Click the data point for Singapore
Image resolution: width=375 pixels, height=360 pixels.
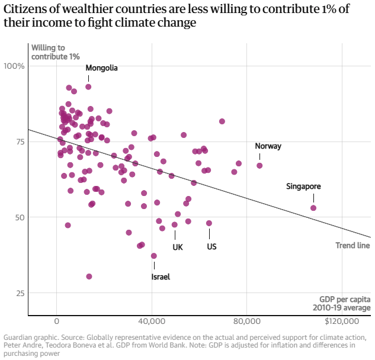point(313,208)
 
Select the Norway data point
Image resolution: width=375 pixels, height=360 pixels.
point(259,166)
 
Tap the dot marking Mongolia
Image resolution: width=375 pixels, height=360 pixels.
point(88,86)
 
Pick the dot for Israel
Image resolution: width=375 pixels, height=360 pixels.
point(154,256)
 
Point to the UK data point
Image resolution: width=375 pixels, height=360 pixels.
point(175,224)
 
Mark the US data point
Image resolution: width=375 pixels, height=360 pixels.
point(209,223)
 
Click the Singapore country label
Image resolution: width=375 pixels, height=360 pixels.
point(303,187)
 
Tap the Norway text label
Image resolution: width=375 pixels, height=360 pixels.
point(268,146)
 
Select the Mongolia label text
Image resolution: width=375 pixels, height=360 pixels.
point(102,68)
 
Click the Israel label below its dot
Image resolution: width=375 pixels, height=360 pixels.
point(161,277)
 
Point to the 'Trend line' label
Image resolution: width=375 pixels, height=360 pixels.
point(352,246)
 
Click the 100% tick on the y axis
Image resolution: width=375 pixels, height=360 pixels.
point(14,66)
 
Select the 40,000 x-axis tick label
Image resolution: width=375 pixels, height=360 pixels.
point(152,322)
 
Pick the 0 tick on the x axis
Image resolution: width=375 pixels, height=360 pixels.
point(57,322)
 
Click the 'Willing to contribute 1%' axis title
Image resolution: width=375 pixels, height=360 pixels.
point(55,52)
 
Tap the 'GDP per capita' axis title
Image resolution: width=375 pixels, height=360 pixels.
point(345,298)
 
